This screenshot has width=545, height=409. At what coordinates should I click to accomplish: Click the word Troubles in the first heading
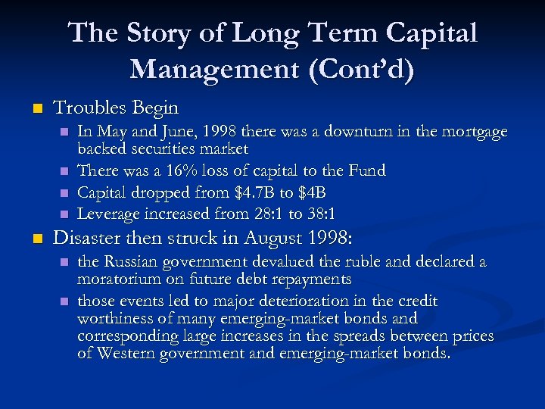tap(90, 108)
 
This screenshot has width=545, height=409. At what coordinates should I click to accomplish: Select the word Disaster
tap(89, 238)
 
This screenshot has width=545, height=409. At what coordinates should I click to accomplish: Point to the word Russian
tap(133, 262)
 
